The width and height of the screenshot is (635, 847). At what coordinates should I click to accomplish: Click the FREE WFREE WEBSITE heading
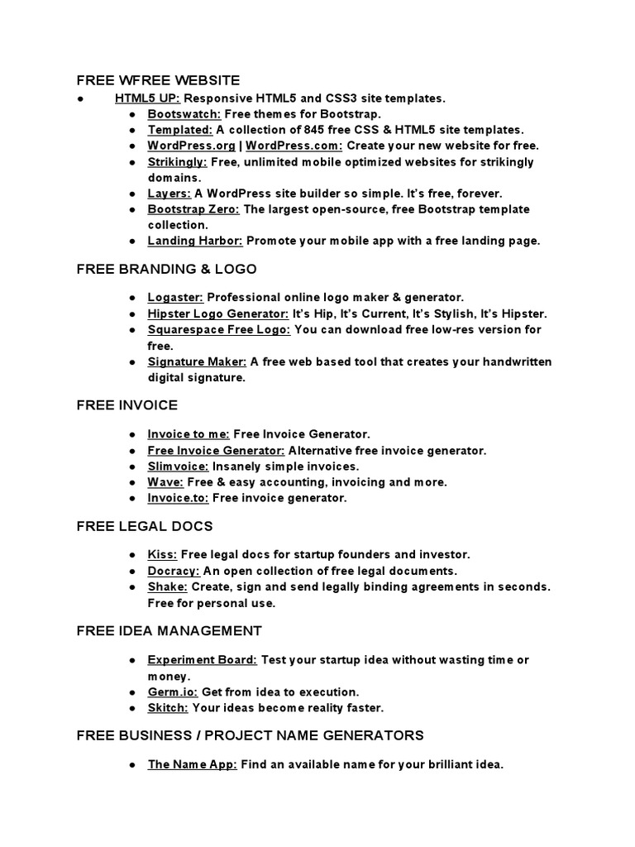pyautogui.click(x=158, y=80)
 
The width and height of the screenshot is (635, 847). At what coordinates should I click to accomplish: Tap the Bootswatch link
pyautogui.click(x=184, y=114)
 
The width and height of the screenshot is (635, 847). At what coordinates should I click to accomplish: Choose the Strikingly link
pyautogui.click(x=177, y=162)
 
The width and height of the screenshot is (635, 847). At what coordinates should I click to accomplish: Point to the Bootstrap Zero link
pyautogui.click(x=193, y=209)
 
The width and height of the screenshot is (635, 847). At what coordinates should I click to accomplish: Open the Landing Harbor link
pyautogui.click(x=195, y=241)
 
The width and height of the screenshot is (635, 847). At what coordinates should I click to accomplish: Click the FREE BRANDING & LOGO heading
pyautogui.click(x=166, y=270)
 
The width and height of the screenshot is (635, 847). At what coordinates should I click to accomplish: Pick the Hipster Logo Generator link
pyautogui.click(x=218, y=313)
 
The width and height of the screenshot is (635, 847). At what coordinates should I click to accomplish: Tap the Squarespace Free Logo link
pyautogui.click(x=219, y=329)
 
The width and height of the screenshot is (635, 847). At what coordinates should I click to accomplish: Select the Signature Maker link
pyautogui.click(x=197, y=361)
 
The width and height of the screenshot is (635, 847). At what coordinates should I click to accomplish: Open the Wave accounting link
pyautogui.click(x=165, y=482)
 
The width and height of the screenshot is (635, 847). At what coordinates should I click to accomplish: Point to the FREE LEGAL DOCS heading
pyautogui.click(x=145, y=526)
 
